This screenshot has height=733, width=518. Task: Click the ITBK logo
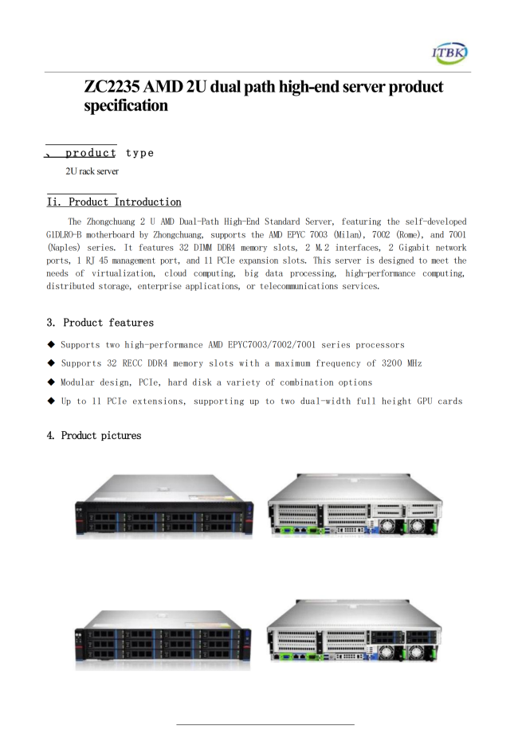[450, 53]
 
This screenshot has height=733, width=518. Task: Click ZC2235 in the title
[113, 87]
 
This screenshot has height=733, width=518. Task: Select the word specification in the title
[126, 105]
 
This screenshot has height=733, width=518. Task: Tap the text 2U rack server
[92, 171]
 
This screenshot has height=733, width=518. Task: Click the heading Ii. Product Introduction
[114, 202]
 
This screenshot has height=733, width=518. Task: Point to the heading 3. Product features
[100, 323]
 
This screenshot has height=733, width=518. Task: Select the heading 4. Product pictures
[94, 436]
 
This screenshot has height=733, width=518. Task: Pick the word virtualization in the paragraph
[120, 273]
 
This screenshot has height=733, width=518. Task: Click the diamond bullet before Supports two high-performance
[51, 344]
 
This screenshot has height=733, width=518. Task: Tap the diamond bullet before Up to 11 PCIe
[51, 401]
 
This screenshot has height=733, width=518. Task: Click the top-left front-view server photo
[164, 507]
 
